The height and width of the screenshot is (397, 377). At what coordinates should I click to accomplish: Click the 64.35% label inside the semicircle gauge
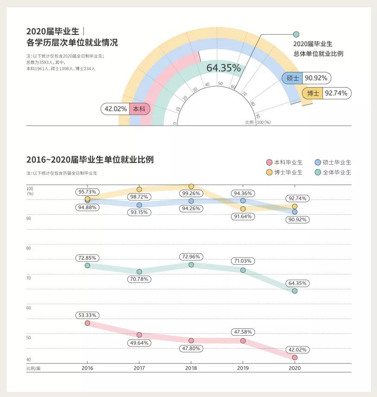pyautogui.click(x=224, y=68)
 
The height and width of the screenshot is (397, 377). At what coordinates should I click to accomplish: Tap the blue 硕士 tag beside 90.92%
pyautogui.click(x=292, y=78)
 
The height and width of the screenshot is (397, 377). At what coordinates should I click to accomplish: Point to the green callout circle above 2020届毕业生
pyautogui.click(x=296, y=34)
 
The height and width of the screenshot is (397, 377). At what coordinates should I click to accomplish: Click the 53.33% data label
pyautogui.click(x=87, y=315)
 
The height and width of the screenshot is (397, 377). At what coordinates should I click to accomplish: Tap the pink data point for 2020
pyautogui.click(x=295, y=358)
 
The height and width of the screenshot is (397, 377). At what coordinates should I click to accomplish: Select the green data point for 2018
pyautogui.click(x=191, y=265)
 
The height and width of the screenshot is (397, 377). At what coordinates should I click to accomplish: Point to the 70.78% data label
pyautogui.click(x=139, y=279)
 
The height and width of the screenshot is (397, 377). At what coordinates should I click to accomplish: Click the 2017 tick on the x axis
pyautogui.click(x=139, y=368)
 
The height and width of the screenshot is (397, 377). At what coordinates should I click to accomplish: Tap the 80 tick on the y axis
pyautogui.click(x=29, y=248)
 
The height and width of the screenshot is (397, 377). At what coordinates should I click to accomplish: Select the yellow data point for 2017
pyautogui.click(x=139, y=189)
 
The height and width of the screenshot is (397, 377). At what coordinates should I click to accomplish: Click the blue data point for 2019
pyautogui.click(x=243, y=201)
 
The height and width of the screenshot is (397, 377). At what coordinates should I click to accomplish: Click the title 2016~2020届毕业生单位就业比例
pyautogui.click(x=90, y=160)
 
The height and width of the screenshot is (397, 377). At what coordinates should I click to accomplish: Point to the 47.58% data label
pyautogui.click(x=243, y=332)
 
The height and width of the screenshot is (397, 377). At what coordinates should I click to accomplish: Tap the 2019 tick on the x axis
pyautogui.click(x=243, y=368)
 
